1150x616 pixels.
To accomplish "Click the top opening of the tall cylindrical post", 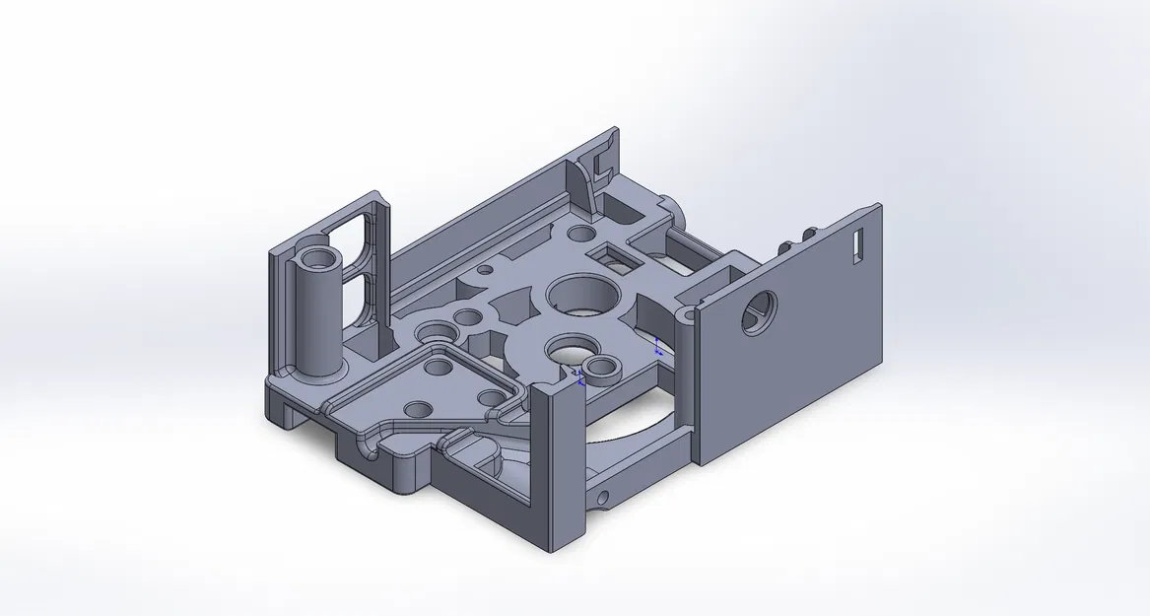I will [x=319, y=260].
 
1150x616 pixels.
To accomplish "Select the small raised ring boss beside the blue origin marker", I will [x=598, y=371].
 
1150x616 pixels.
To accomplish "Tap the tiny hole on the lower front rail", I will [x=602, y=495].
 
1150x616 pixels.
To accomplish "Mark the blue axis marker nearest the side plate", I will [x=657, y=346].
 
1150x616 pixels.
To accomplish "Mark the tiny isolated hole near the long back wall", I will [x=484, y=268].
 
